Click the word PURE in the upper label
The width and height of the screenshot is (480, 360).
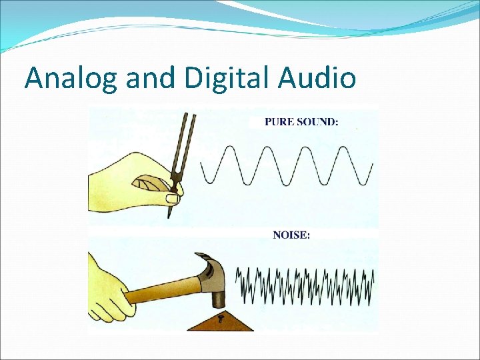click(x=279, y=122)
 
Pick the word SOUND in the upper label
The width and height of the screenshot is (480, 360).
click(x=316, y=122)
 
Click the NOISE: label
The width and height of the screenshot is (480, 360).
click(x=291, y=235)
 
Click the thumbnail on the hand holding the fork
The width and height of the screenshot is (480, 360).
click(x=173, y=199)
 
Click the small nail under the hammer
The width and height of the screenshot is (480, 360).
click(x=220, y=318)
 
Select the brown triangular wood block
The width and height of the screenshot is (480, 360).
click(x=220, y=323)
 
